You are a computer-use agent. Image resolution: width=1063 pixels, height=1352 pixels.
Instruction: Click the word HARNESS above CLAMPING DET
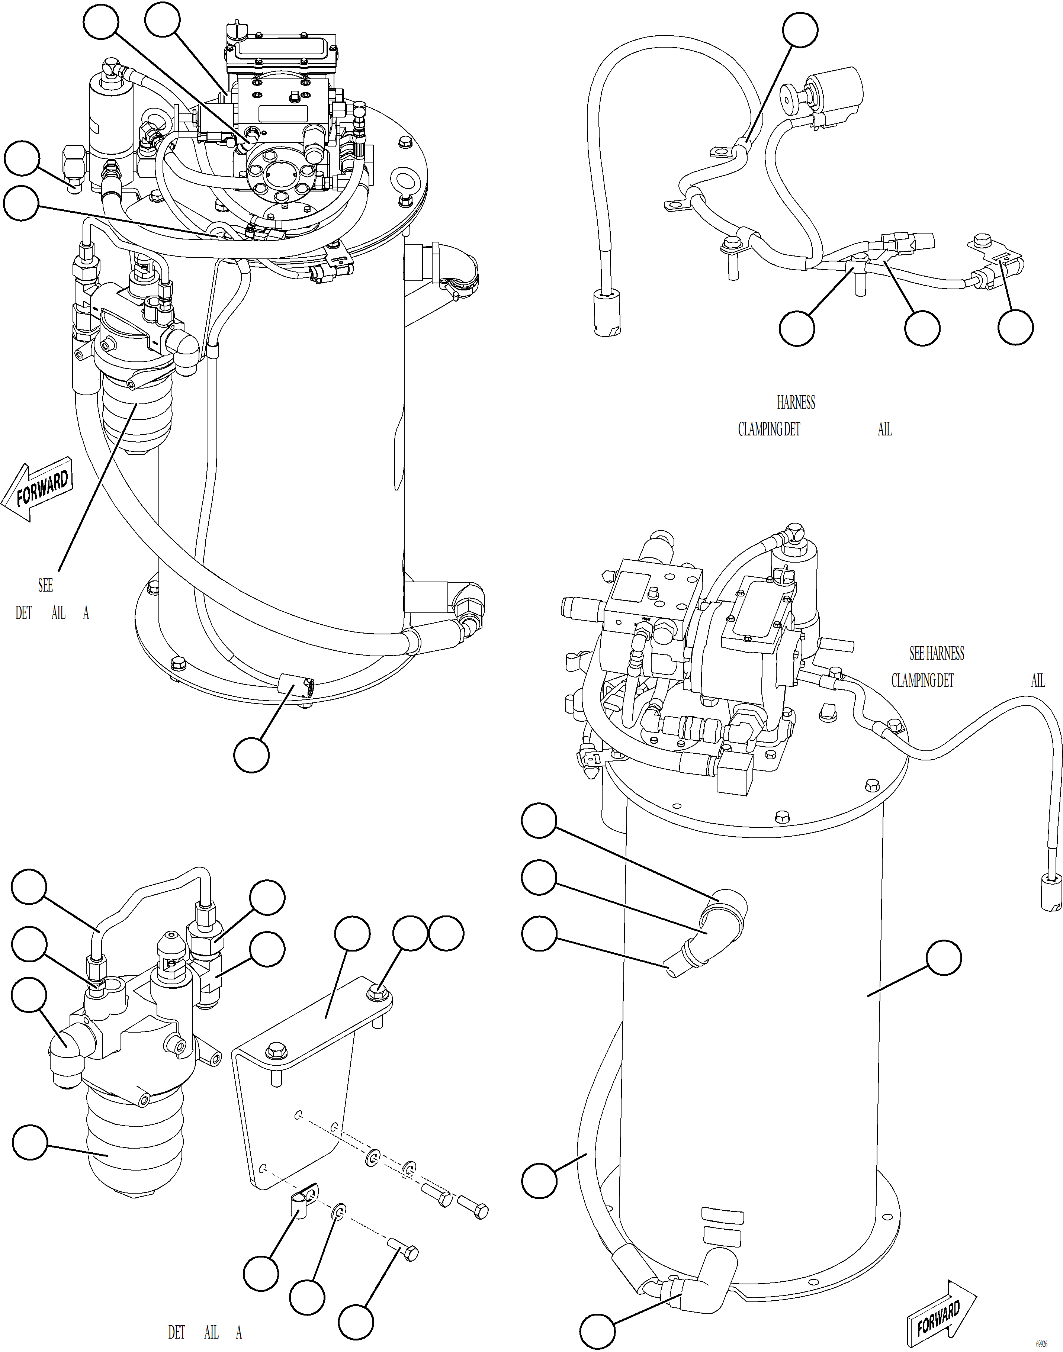tap(795, 403)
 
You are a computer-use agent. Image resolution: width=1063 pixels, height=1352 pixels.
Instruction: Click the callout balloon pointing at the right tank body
tap(944, 959)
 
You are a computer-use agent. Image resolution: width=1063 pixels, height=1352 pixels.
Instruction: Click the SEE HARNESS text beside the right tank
tap(937, 653)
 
